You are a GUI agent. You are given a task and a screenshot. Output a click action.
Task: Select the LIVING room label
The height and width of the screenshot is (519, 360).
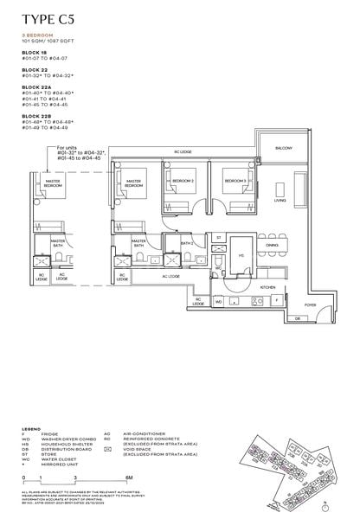[x=280, y=200]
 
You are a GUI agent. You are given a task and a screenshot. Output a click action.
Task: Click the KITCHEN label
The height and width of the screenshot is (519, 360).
[x=268, y=286]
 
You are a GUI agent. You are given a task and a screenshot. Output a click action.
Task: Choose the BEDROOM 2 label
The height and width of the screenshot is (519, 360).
[x=182, y=181]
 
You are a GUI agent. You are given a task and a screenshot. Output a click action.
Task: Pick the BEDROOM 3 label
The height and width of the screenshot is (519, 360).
[x=235, y=181]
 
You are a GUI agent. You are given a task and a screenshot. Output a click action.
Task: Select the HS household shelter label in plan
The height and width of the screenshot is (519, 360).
[x=241, y=255]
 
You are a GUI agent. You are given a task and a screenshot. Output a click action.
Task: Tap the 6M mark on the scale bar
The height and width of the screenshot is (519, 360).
[x=128, y=476]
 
